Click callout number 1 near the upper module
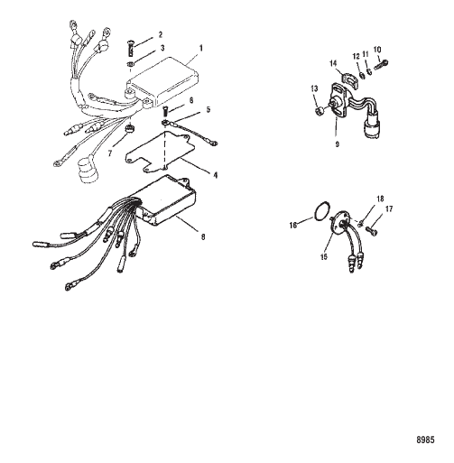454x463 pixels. click(x=201, y=49)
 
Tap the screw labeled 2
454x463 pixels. click(x=131, y=48)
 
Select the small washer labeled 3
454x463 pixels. click(x=130, y=64)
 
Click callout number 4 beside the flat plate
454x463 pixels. click(x=216, y=175)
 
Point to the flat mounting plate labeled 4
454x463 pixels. click(x=160, y=151)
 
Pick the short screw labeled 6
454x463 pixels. click(x=164, y=112)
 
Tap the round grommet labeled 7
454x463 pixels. click(x=130, y=129)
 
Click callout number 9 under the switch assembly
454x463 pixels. click(x=337, y=144)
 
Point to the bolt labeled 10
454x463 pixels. click(x=381, y=64)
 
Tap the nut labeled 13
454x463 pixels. click(x=320, y=111)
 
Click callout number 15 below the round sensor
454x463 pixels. click(x=324, y=257)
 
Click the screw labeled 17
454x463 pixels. click(x=372, y=230)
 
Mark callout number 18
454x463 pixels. click(x=380, y=199)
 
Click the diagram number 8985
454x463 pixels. click(x=425, y=440)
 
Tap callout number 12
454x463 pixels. click(x=356, y=56)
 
